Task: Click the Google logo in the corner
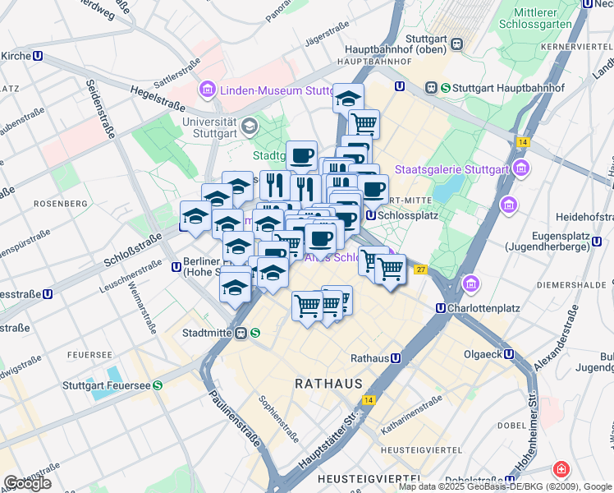[x=27, y=483]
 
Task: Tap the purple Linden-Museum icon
[x=206, y=90]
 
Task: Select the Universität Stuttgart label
[x=210, y=127]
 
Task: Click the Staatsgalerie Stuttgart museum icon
[x=520, y=169]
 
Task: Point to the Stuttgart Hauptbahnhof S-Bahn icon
[x=445, y=87]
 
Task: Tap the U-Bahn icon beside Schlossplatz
[x=370, y=215]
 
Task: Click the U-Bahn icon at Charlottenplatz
[x=441, y=309]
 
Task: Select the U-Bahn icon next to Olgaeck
[x=509, y=354]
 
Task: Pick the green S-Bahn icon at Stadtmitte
[x=256, y=334]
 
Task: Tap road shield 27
[x=421, y=270]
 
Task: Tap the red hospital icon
[x=561, y=469]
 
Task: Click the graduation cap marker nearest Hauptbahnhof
[x=348, y=97]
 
